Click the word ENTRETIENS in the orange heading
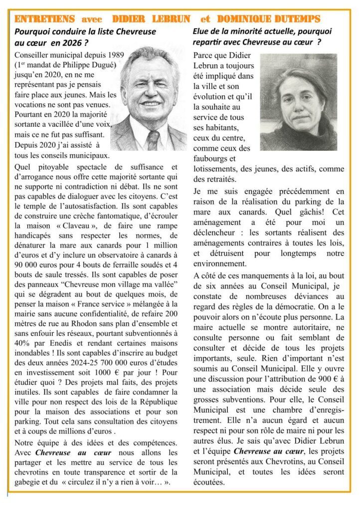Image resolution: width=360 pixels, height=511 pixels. [x=45, y=19]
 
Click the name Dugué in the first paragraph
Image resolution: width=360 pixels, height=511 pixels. [x=99, y=65]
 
